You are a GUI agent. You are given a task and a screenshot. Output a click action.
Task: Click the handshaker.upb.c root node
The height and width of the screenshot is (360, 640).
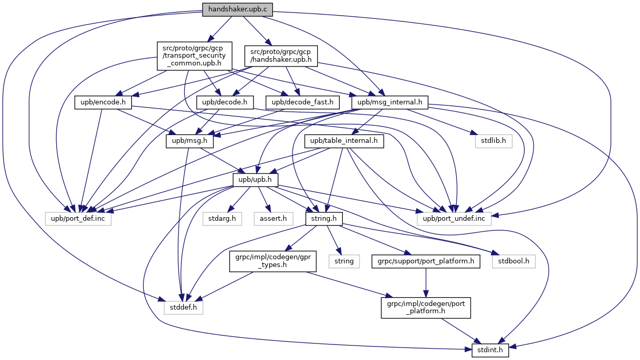coord(237,9)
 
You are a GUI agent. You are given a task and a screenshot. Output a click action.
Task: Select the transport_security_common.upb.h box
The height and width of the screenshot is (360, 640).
coord(194,56)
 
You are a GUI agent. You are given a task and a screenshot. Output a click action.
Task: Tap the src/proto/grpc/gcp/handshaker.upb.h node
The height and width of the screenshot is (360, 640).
coord(281,56)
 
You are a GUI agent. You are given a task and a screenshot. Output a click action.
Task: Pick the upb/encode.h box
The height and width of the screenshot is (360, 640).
coord(103,103)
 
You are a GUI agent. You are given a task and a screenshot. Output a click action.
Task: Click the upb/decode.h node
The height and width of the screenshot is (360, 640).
coord(224,103)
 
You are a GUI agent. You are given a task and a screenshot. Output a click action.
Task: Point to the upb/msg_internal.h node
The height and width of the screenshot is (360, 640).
coord(390,103)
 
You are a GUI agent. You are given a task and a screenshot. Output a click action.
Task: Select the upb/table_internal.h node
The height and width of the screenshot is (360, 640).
coord(346,141)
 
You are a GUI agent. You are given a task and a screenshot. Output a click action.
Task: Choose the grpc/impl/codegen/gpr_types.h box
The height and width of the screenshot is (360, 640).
coord(273,261)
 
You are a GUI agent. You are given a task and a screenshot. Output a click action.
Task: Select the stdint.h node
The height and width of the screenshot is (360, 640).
coord(491,349)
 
